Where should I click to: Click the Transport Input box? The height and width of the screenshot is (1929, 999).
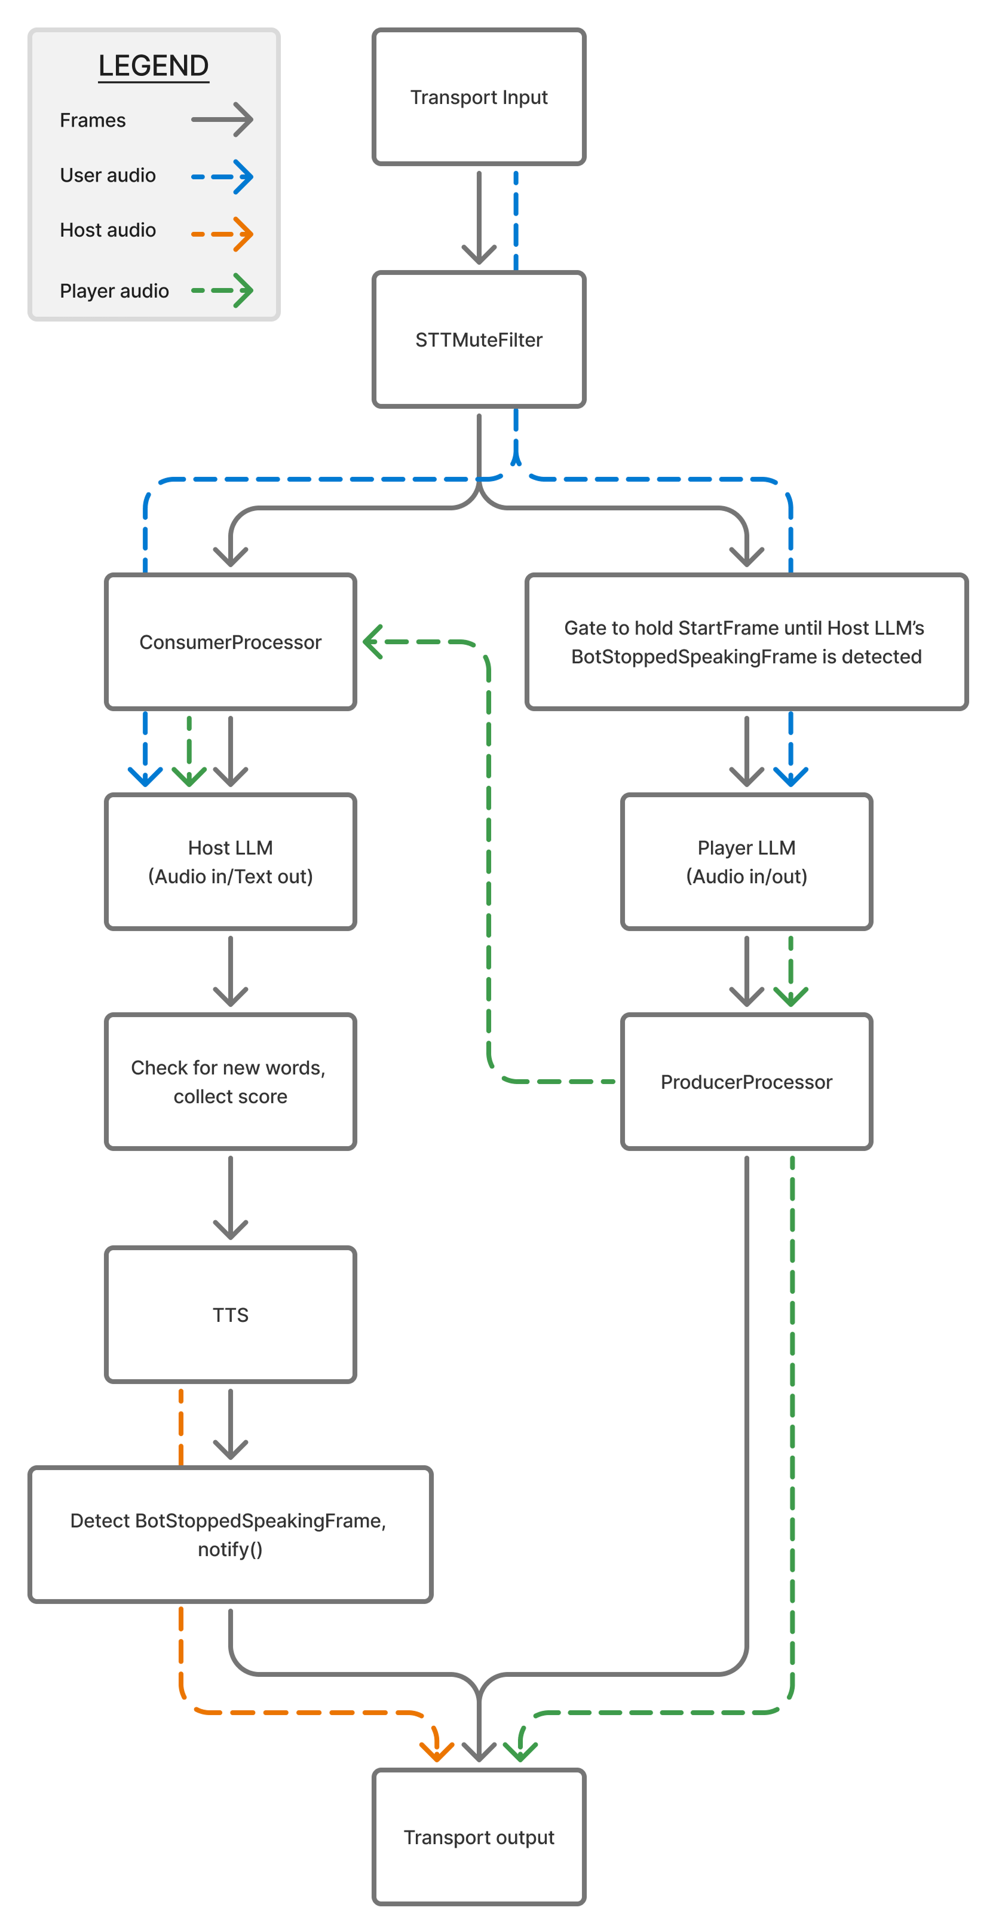tap(479, 97)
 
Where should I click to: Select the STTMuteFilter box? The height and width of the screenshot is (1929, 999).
tap(479, 339)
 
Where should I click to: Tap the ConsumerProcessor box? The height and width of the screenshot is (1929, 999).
tap(231, 642)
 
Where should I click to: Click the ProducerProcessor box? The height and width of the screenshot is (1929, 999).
tap(747, 1081)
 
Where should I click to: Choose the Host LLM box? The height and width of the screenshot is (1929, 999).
tap(231, 861)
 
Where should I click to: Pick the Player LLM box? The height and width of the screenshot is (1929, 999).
tap(747, 861)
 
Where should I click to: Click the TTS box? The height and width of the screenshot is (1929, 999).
tap(231, 1314)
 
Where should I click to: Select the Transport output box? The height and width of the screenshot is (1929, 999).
tap(479, 1837)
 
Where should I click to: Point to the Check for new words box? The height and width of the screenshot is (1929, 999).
tap(231, 1081)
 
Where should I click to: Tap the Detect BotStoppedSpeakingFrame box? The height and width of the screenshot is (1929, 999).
tap(231, 1535)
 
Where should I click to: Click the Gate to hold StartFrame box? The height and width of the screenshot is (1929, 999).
tap(747, 642)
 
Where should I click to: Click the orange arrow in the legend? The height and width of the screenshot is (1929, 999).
tap(222, 234)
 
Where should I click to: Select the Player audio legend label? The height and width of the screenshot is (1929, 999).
tap(115, 290)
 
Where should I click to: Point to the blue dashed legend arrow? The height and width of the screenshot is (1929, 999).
tap(222, 177)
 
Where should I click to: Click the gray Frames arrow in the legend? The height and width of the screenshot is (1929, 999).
tap(222, 120)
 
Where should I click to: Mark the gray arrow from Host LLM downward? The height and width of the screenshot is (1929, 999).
tap(231, 970)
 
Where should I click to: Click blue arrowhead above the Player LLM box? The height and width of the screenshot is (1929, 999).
tap(791, 776)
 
